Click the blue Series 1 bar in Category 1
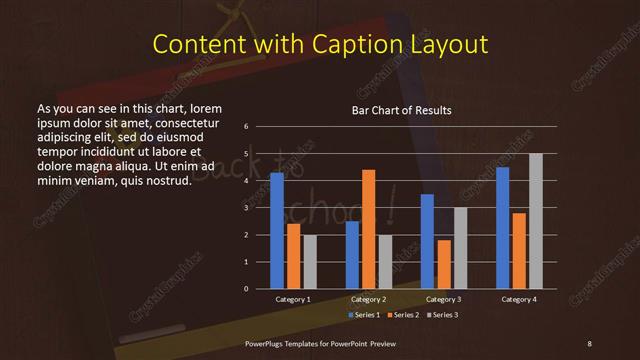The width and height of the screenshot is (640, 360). pos(277,231)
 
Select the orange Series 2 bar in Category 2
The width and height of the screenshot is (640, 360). pos(368,229)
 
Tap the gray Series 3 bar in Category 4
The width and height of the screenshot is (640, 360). pos(535,221)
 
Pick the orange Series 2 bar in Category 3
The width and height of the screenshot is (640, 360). pos(444,264)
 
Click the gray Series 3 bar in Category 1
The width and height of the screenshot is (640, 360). pos(310,262)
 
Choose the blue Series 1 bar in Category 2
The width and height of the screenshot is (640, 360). pos(352,255)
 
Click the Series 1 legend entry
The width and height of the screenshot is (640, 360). pos(362,315)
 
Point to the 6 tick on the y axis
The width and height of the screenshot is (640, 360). pos(246,127)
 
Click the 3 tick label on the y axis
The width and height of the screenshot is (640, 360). pos(246,208)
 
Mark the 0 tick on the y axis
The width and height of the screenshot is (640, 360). pos(246,289)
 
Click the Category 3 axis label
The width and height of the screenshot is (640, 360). pos(444,299)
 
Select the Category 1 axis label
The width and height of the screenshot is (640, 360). pos(294,299)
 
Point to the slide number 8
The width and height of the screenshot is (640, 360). pos(589,343)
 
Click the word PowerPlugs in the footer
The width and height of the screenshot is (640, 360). pos(268,343)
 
